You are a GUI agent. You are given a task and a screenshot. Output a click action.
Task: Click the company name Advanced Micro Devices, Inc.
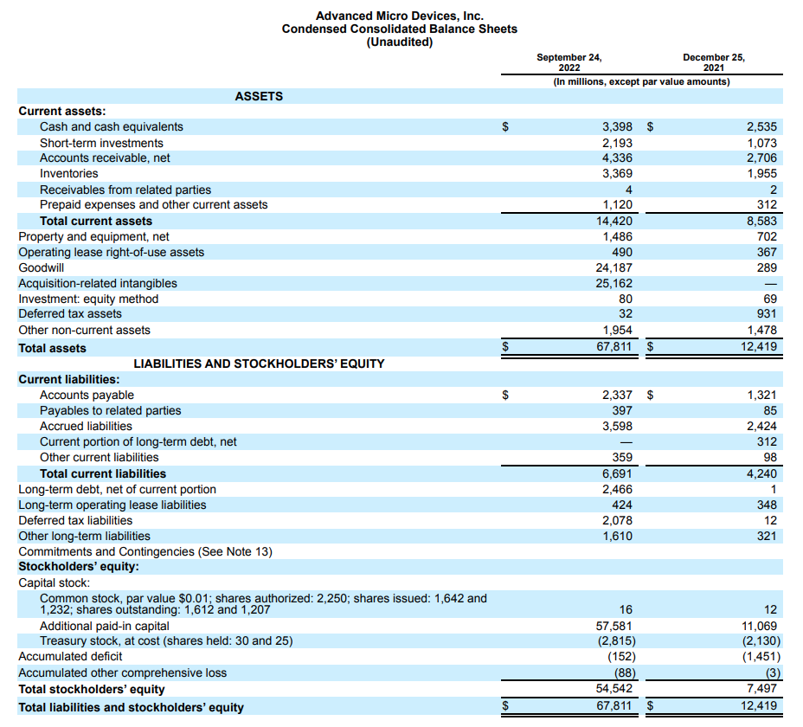399,16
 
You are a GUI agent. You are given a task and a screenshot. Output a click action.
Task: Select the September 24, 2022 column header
569,62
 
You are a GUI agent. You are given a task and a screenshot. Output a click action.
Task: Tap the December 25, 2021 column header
713,62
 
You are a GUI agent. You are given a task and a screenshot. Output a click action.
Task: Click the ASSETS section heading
259,96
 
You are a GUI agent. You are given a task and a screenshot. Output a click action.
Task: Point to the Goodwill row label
41,267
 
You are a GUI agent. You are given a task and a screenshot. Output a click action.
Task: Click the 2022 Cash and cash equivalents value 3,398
617,127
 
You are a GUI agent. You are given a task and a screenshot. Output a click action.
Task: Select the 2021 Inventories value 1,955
761,174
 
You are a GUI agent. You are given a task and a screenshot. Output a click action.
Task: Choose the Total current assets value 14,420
614,221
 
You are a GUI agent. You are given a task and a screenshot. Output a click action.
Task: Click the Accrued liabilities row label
86,426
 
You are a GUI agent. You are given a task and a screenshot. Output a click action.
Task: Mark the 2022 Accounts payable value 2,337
617,395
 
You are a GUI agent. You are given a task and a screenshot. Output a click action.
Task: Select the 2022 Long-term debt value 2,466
617,489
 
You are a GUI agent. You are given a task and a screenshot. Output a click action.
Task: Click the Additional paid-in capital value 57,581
614,626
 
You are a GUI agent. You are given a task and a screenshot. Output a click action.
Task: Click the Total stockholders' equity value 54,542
614,689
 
